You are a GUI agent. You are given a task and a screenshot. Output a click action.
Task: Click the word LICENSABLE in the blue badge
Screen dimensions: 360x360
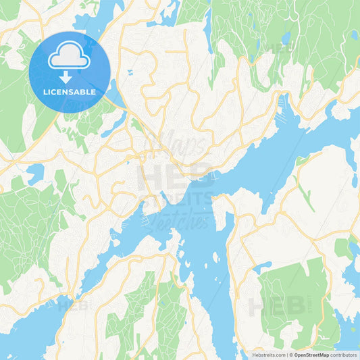(x=70, y=92)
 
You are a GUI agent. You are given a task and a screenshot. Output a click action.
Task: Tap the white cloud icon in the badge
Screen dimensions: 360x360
(x=69, y=57)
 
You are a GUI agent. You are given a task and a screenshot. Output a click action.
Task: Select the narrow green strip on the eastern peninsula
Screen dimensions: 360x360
(x=306, y=196)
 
